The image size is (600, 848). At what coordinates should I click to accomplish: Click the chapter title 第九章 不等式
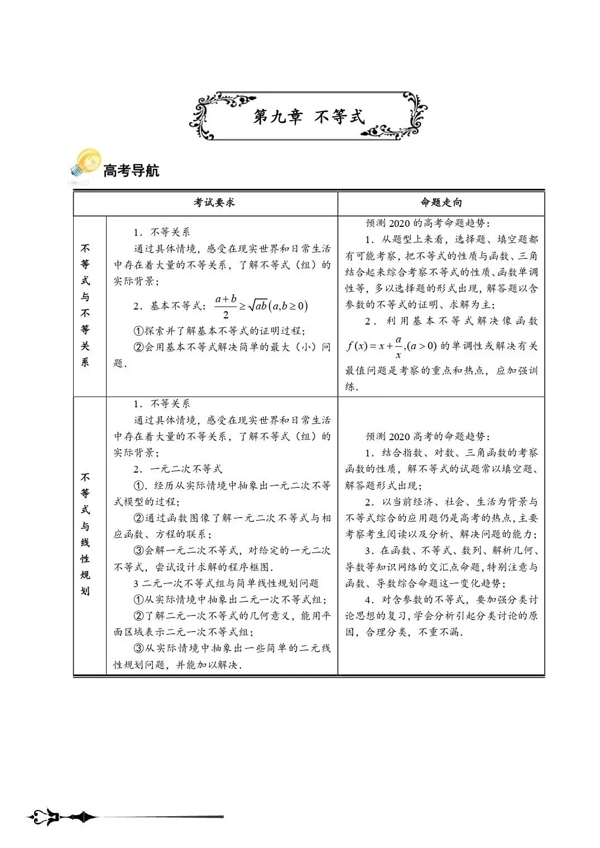309,117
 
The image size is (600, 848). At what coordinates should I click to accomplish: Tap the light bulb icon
85,165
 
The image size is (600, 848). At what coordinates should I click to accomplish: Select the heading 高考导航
131,170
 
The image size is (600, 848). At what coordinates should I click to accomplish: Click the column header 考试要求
214,203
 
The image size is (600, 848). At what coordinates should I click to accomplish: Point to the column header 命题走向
441,203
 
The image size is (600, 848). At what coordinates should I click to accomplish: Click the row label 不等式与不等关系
85,305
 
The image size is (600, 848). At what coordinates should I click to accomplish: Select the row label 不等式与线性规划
85,534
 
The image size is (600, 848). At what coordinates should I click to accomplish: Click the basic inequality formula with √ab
262,306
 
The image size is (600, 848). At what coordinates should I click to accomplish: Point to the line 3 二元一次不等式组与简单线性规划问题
226,583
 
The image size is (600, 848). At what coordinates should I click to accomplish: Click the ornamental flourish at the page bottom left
61,817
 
